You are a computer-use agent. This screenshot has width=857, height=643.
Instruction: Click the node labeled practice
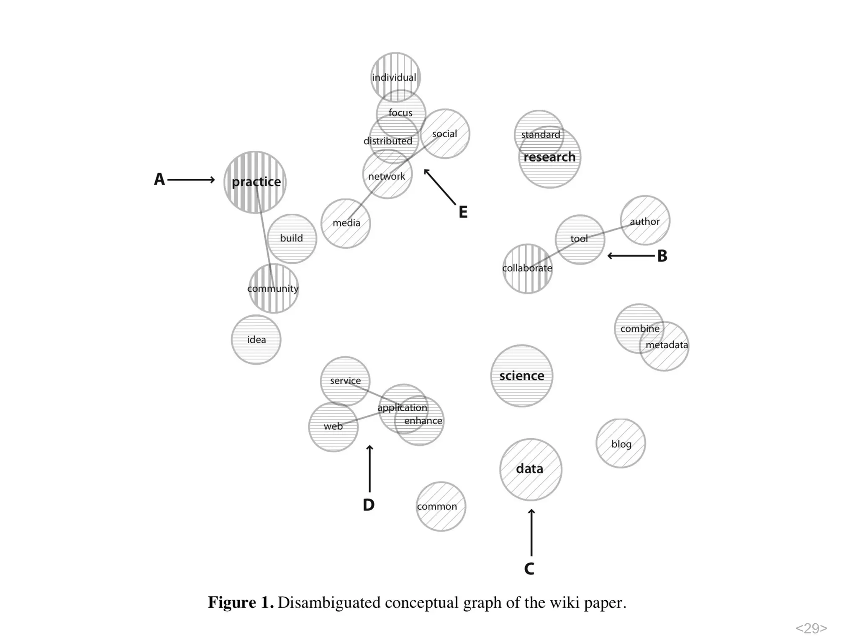(255, 182)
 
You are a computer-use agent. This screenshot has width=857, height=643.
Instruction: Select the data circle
(530, 469)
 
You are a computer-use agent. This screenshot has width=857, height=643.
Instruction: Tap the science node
(521, 376)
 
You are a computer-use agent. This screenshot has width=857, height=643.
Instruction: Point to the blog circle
(621, 443)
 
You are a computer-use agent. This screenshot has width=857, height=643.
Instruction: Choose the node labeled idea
(256, 340)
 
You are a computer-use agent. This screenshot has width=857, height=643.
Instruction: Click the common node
(440, 507)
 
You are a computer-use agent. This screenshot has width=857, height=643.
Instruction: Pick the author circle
(645, 220)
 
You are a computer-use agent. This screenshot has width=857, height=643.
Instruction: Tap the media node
(346, 224)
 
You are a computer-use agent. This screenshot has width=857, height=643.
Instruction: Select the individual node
(395, 77)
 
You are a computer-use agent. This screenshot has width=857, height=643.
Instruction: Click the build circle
(292, 239)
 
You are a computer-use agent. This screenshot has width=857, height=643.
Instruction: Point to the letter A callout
(159, 180)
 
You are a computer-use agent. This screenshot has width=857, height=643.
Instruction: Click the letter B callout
(662, 256)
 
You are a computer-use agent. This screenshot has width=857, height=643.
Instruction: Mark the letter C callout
(529, 569)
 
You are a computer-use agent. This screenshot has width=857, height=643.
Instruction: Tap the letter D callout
(369, 505)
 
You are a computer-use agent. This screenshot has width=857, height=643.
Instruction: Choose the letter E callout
(463, 212)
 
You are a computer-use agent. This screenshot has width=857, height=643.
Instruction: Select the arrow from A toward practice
(191, 180)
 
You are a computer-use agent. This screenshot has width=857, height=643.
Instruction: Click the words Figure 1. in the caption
(241, 603)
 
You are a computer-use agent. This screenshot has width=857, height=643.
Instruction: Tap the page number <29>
(811, 628)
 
